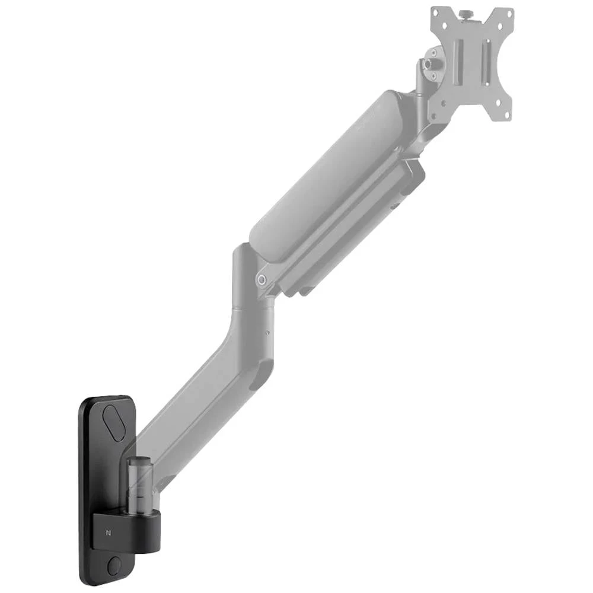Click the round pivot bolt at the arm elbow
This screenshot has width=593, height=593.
coord(262,279)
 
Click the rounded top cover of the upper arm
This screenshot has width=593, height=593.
coord(332,172)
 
